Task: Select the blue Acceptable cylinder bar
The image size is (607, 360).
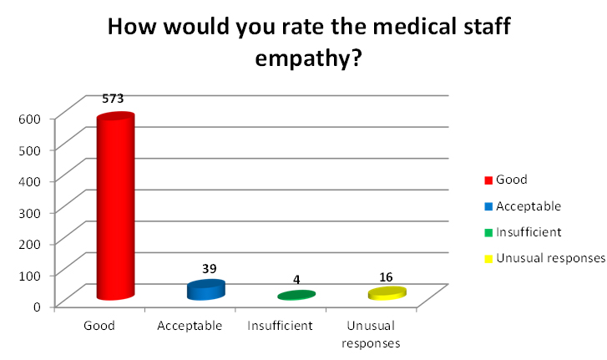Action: [205, 290]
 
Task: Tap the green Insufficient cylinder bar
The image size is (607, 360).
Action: [296, 295]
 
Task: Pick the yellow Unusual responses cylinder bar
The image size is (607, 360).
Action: [387, 293]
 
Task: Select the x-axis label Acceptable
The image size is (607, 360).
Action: [190, 326]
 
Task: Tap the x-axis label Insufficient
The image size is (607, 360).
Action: [280, 326]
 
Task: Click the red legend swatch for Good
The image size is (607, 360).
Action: [488, 180]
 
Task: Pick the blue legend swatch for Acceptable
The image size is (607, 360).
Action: [488, 206]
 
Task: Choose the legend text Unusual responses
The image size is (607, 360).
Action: [549, 258]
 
